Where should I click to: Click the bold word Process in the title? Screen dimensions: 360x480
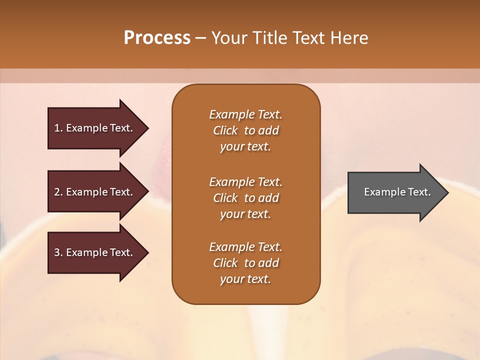tap(157, 38)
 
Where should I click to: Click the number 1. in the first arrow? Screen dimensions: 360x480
tap(58, 128)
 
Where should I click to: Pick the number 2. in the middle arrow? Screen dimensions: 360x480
tap(58, 192)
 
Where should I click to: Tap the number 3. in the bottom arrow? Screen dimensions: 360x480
tap(58, 252)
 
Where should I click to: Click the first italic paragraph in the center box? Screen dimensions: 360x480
tap(245, 130)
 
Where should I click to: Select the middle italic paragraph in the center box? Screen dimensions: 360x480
tap(245, 198)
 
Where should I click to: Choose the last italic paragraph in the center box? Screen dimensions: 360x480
tap(245, 263)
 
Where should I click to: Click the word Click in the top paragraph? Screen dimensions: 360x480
tap(225, 130)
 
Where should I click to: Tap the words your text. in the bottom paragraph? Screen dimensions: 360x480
tap(245, 279)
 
